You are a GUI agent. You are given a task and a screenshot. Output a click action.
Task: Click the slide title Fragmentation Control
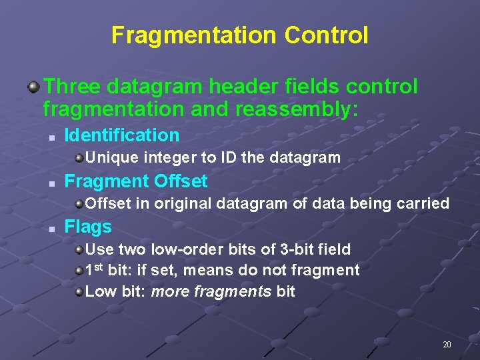pos(239,35)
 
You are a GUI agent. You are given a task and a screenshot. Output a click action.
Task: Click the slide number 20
pos(447,345)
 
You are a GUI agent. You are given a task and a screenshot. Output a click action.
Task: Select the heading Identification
pos(122,135)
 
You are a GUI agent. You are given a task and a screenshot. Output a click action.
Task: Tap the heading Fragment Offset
pos(136,181)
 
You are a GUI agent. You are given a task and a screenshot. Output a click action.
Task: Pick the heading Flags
pos(88,227)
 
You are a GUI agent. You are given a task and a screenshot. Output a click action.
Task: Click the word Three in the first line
pos(72,87)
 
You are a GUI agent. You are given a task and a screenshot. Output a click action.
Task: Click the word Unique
pos(109,158)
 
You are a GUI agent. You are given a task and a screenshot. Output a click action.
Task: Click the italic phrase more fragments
pos(211,291)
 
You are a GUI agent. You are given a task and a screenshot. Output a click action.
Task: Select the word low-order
pos(183,249)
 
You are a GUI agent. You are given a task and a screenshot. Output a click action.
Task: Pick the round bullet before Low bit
pos(79,291)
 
